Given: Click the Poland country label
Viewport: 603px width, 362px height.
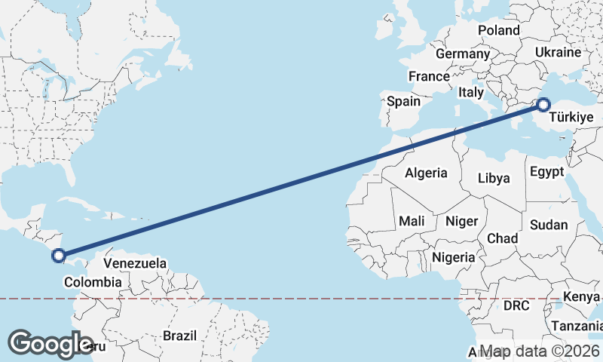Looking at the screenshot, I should pyautogui.click(x=499, y=30).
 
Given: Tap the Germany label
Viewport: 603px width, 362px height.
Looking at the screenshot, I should pyautogui.click(x=463, y=54).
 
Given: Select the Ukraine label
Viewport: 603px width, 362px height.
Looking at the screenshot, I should pyautogui.click(x=558, y=52).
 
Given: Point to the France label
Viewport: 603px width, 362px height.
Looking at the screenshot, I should pyautogui.click(x=429, y=76).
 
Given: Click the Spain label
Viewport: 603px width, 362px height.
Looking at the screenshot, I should pyautogui.click(x=403, y=101).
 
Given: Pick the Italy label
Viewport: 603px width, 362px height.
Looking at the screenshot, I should pyautogui.click(x=471, y=92).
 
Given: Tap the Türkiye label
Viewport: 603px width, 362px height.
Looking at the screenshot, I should pyautogui.click(x=571, y=118).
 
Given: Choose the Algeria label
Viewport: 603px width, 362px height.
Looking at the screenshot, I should pyautogui.click(x=426, y=173).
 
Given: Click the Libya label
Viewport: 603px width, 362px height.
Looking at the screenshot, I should pyautogui.click(x=494, y=179).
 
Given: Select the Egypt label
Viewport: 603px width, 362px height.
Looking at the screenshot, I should pyautogui.click(x=546, y=171).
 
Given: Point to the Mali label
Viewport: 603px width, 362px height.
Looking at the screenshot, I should pyautogui.click(x=412, y=221).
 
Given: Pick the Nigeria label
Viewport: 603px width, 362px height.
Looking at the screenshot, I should pyautogui.click(x=454, y=257).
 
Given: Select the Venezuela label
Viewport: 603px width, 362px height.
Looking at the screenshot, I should pyautogui.click(x=135, y=263).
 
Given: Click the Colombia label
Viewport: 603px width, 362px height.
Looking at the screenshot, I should pyautogui.click(x=93, y=282).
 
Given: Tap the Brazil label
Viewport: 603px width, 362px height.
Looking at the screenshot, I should pyautogui.click(x=179, y=336).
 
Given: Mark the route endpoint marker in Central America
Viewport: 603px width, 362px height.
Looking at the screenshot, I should pyautogui.click(x=59, y=256).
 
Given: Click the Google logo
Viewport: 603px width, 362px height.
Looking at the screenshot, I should pyautogui.click(x=51, y=343).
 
